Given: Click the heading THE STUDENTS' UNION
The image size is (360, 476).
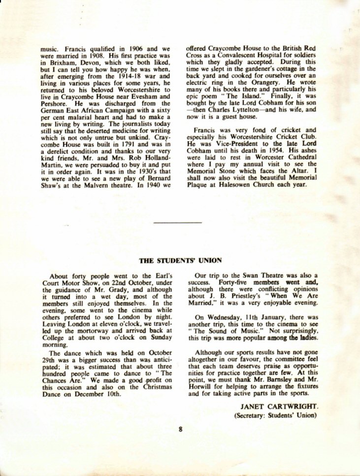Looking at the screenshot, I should (180, 260).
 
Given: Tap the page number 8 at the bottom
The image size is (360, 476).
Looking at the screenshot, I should (181, 429).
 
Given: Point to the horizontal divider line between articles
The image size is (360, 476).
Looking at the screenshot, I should (178, 223).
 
